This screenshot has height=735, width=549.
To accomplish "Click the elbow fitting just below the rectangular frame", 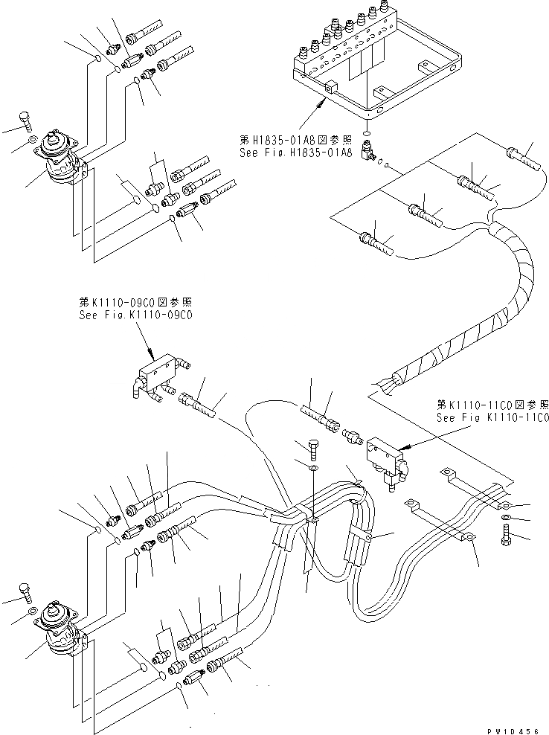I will pos(367,152).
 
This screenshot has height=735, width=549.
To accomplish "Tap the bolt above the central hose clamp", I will pos(313,449).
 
